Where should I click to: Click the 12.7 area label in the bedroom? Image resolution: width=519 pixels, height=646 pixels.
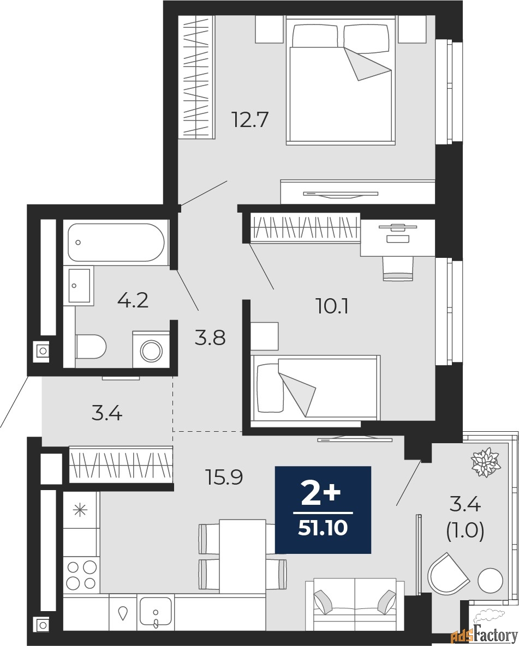(x=250, y=119)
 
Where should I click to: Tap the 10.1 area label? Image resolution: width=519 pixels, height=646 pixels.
(x=332, y=306)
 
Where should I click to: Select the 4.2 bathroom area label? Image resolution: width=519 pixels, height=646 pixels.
(x=133, y=300)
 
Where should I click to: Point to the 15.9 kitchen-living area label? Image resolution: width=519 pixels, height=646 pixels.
(x=224, y=478)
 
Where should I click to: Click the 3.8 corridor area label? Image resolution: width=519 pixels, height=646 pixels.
(x=210, y=338)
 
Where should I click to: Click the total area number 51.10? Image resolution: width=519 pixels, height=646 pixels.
(x=323, y=528)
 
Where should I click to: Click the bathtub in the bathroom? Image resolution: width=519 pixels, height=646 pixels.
(x=116, y=243)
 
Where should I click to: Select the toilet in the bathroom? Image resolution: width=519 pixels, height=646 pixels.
(x=91, y=346)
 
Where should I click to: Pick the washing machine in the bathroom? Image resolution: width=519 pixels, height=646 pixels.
(x=151, y=349)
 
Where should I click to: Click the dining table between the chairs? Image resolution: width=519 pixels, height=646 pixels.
(x=242, y=555)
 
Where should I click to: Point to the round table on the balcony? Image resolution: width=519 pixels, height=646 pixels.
(x=490, y=581)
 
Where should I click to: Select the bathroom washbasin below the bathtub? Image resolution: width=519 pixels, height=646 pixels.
(x=80, y=285)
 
